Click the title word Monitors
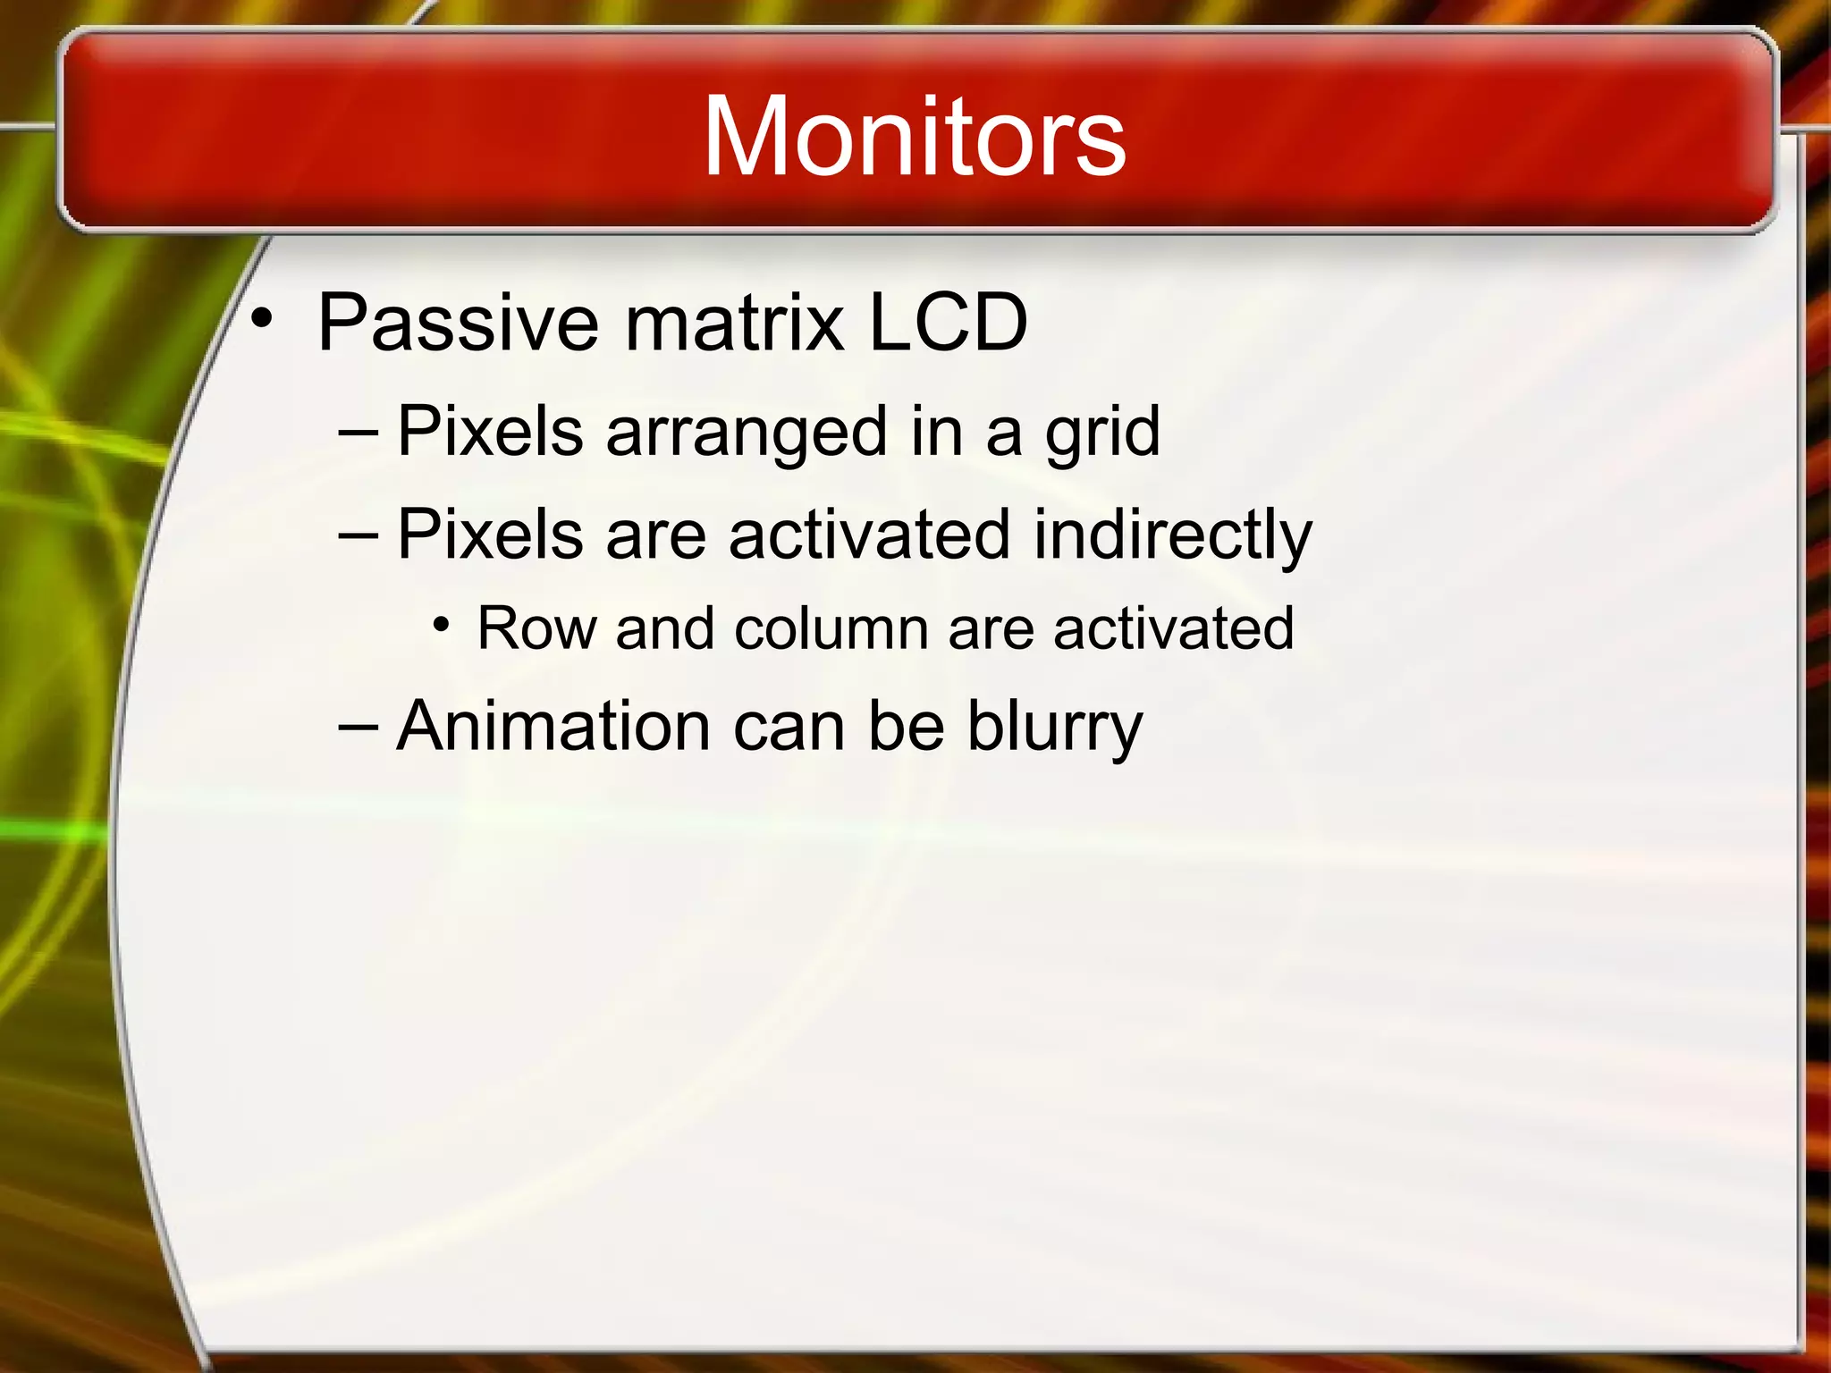click(914, 137)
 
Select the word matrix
click(734, 323)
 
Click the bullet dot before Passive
click(261, 318)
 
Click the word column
click(831, 628)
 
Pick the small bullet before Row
click(441, 624)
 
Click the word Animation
click(553, 726)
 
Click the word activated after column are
click(1173, 628)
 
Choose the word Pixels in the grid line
click(490, 433)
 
